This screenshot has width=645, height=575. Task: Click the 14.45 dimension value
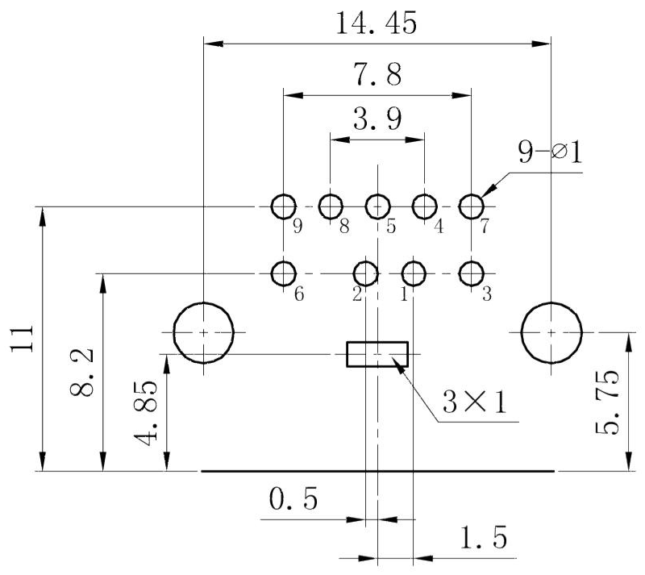pos(377,23)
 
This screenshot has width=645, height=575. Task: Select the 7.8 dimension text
pos(377,76)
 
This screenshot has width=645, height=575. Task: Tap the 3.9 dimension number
pos(377,121)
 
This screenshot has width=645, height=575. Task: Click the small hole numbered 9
pos(283,206)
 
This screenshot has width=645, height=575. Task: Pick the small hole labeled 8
pos(331,206)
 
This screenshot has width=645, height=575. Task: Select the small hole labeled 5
pos(377,206)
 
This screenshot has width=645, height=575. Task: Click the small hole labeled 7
pos(471,206)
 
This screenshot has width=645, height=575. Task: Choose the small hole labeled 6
pos(283,273)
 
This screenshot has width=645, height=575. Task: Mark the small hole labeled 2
pos(366,273)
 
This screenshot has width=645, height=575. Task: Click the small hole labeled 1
pos(414,273)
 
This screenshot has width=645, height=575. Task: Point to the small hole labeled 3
pos(471,273)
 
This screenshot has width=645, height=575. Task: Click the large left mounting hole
pos(205,332)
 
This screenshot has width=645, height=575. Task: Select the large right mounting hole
pos(551,332)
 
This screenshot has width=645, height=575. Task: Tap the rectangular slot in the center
pos(377,354)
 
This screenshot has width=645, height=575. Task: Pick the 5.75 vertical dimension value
pos(610,402)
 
